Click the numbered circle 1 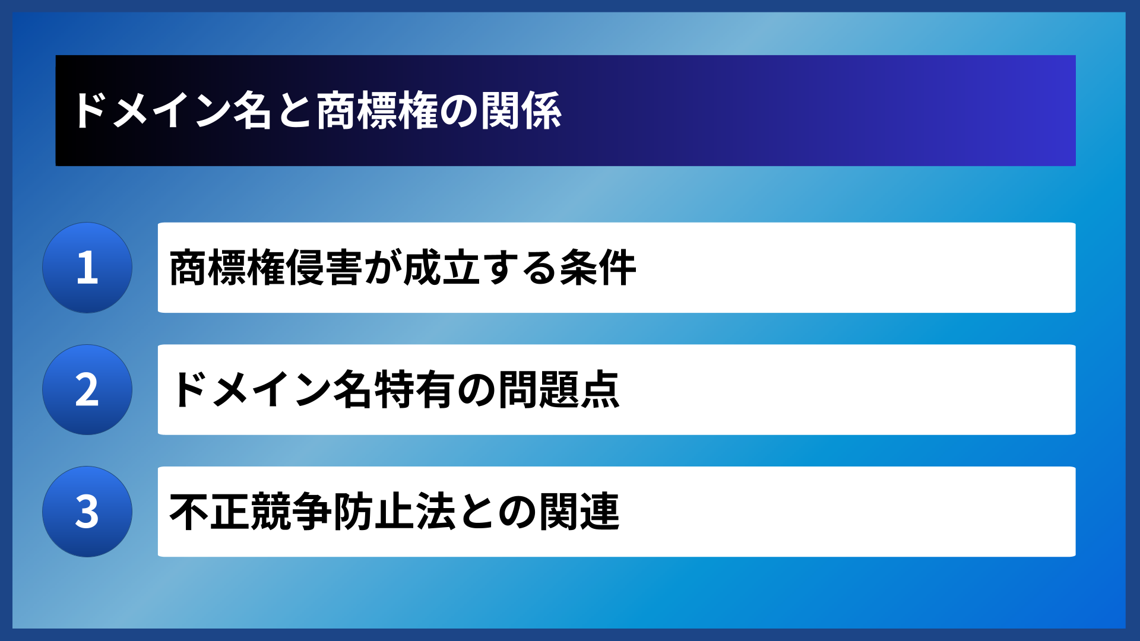coord(87,268)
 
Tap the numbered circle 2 coord(87,390)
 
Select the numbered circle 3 coord(87,512)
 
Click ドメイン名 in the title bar coord(172,111)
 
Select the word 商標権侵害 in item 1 coord(265,268)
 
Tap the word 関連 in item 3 coord(579,512)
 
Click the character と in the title coord(294,111)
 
